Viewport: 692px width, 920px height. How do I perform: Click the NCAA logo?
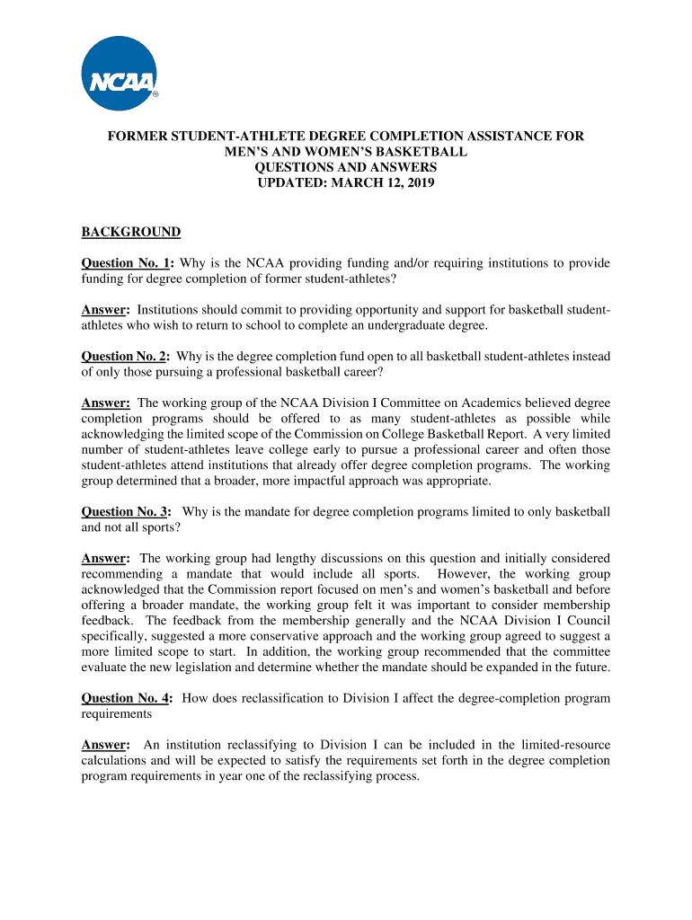(x=120, y=74)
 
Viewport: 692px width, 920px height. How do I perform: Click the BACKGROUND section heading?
(x=131, y=233)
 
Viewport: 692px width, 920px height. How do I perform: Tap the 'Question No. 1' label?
(x=127, y=263)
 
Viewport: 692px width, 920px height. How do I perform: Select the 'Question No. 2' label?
(x=127, y=357)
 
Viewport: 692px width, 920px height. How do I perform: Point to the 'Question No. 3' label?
(x=127, y=512)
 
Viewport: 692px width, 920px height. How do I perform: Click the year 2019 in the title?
(x=419, y=183)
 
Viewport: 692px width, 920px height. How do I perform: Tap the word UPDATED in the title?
(x=288, y=183)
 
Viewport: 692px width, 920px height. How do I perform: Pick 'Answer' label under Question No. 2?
(x=105, y=403)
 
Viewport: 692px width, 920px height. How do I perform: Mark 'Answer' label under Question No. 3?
(x=105, y=559)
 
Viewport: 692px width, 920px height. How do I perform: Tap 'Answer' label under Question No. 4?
(x=105, y=745)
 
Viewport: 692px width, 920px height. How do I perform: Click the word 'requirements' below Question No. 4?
(x=117, y=713)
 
